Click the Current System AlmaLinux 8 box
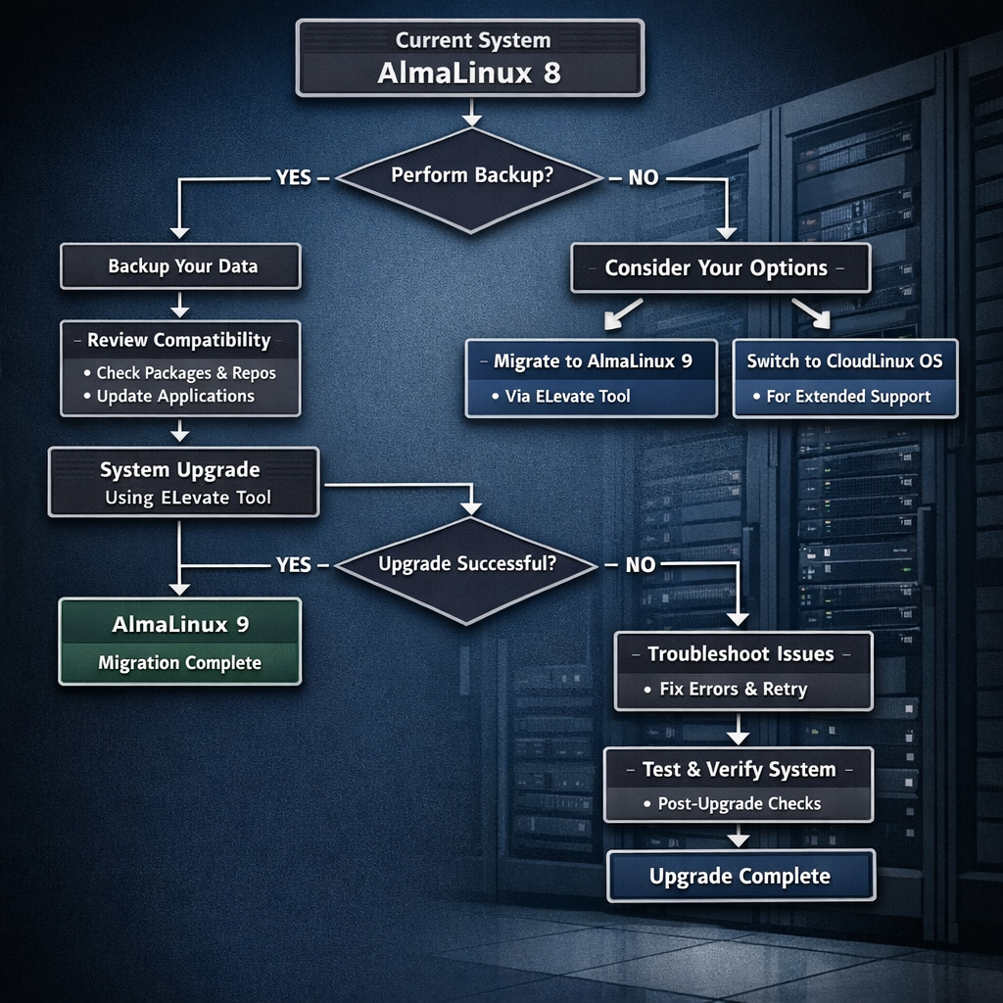[x=470, y=59]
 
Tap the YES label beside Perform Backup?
[x=294, y=177]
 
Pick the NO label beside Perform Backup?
[x=643, y=178]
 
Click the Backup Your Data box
[x=181, y=266]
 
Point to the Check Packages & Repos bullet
[x=186, y=373]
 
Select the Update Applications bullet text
[x=175, y=396]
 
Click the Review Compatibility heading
[x=179, y=341]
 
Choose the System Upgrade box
[x=184, y=482]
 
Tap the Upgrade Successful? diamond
[x=467, y=565]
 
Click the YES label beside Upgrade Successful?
[x=294, y=565]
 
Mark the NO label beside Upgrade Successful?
[x=641, y=565]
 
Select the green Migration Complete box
[x=180, y=642]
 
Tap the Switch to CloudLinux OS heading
[x=844, y=360]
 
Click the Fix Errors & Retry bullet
[x=733, y=689]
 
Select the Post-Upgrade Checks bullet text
[x=739, y=804]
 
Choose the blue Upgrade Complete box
[x=740, y=876]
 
